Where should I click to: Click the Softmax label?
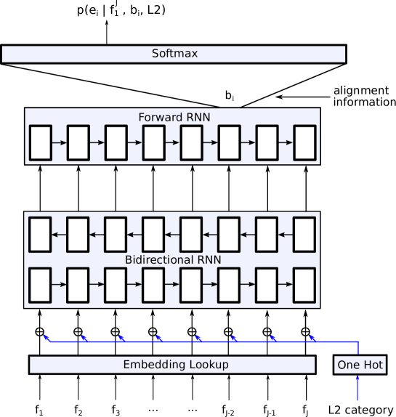(x=174, y=54)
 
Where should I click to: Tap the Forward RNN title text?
(x=174, y=117)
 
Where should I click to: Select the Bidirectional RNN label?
(x=173, y=259)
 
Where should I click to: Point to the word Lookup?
(x=206, y=365)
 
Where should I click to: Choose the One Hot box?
(x=360, y=365)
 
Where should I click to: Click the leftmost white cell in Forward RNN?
(x=40, y=142)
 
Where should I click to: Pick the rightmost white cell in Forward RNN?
(x=304, y=142)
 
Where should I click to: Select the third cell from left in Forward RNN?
(x=116, y=142)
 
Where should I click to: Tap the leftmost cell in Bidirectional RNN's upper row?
(x=40, y=235)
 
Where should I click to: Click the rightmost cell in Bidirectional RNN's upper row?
(x=304, y=235)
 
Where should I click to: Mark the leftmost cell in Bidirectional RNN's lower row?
(x=40, y=285)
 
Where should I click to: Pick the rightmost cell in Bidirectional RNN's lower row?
(x=304, y=285)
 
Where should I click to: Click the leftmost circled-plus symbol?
(x=40, y=332)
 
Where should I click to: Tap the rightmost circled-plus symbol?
(x=305, y=332)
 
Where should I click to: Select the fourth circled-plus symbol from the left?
(x=153, y=332)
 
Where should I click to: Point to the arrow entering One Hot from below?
(x=357, y=388)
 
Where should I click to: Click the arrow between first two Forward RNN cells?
(x=59, y=142)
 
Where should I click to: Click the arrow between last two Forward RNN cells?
(x=286, y=142)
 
